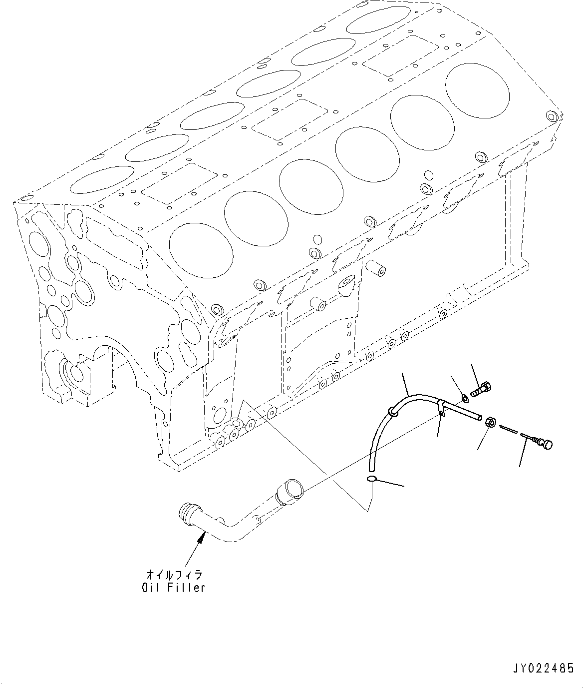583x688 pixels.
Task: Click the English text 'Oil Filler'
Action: (x=173, y=588)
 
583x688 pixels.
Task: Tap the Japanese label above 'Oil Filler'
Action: (x=173, y=575)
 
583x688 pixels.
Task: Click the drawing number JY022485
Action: (x=543, y=669)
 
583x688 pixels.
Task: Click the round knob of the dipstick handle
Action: (x=546, y=444)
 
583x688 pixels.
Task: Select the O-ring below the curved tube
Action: (x=372, y=480)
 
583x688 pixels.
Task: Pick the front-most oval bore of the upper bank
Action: (x=102, y=180)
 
